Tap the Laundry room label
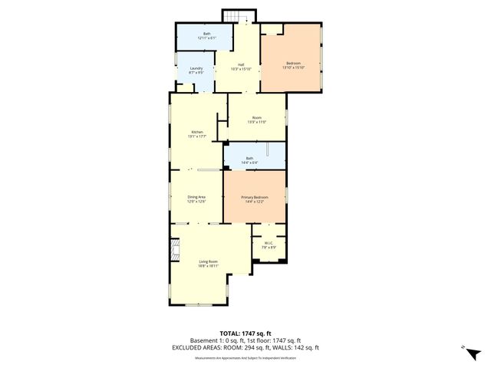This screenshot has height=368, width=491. [x=196, y=67]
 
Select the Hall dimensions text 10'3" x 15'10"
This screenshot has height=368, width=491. [x=242, y=69]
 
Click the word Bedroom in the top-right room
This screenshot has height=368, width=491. [x=293, y=63]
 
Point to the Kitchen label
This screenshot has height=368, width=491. [x=197, y=133]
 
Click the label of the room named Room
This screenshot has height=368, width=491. [x=257, y=117]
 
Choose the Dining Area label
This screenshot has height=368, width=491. [x=197, y=197]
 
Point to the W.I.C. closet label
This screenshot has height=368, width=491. [x=269, y=243]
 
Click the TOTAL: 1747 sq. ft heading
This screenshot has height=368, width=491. [x=245, y=333]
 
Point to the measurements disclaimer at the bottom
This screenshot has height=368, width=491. [x=245, y=357]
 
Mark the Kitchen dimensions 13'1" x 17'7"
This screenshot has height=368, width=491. [x=197, y=137]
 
